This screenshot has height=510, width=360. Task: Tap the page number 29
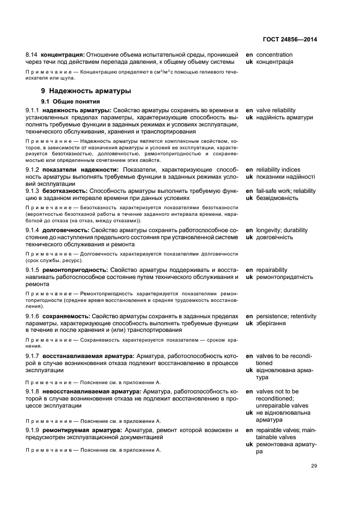[314, 466]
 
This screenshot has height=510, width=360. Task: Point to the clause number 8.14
[32, 55]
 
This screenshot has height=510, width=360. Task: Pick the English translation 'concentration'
[274, 55]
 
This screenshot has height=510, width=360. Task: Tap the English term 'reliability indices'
[278, 170]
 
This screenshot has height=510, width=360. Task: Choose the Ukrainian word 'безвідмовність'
[277, 198]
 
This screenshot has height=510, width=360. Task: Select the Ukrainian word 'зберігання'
[271, 323]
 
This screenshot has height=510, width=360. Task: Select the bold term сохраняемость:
[66, 316]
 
